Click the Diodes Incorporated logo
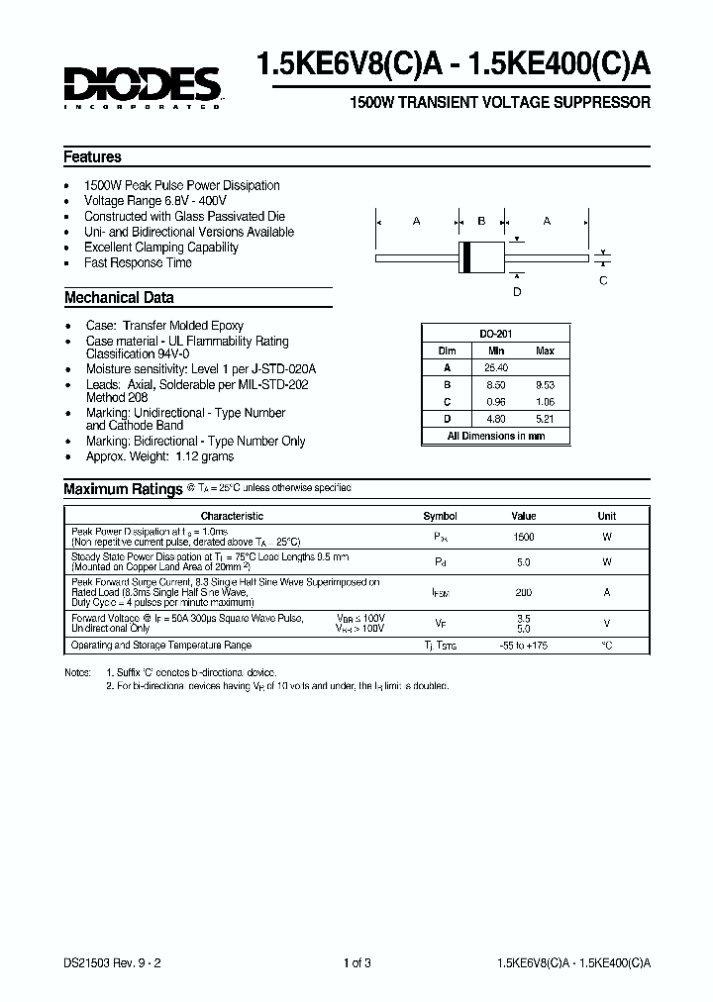tap(143, 85)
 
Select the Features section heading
tap(92, 157)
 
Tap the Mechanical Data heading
tap(119, 298)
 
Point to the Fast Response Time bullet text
tap(138, 263)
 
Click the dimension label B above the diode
tap(481, 221)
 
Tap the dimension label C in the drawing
tap(603, 281)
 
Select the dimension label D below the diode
tap(516, 292)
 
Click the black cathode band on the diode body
tap(466, 257)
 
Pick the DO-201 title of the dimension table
tap(495, 335)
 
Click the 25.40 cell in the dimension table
tap(495, 367)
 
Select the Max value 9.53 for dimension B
tap(545, 385)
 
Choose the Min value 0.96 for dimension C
tap(495, 402)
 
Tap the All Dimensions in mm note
tap(495, 436)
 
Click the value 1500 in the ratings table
tap(523, 537)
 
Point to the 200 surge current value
tap(523, 592)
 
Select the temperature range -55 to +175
tap(523, 646)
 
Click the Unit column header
tap(606, 516)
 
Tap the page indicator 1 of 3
tap(356, 963)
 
